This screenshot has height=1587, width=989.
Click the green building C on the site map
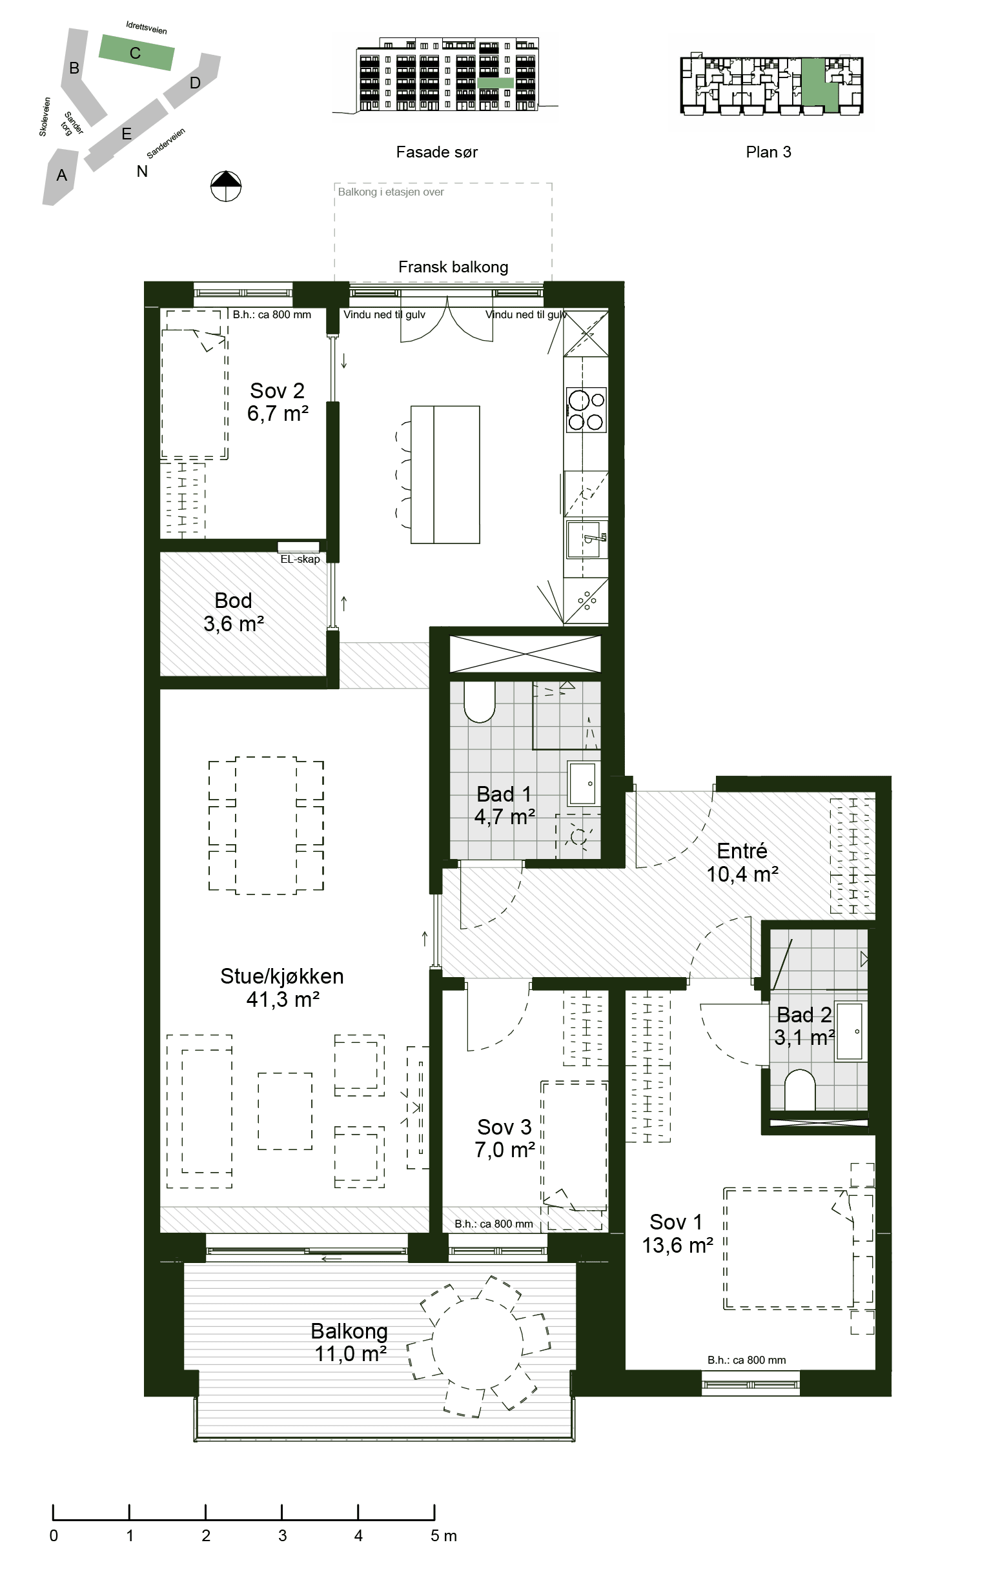point(136,53)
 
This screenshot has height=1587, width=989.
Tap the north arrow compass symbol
point(226,186)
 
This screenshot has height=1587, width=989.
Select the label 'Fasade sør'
point(437,152)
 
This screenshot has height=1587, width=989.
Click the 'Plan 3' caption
point(769,152)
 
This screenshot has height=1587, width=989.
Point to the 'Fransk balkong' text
point(453,267)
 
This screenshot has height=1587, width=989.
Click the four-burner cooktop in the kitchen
point(586,410)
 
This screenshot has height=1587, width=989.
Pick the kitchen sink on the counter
point(587,540)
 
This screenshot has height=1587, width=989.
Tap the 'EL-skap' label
point(300,559)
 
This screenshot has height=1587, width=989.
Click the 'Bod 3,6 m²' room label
point(234,612)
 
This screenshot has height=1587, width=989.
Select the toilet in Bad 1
point(480,702)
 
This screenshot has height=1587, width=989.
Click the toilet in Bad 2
point(799,1089)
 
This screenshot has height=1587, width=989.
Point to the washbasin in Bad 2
point(850,1031)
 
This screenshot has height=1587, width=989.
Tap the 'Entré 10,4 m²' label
point(742,862)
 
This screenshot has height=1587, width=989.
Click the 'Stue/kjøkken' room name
point(282,976)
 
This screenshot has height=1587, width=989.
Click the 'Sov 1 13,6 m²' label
point(677,1234)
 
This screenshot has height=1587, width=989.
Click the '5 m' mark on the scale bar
point(444,1536)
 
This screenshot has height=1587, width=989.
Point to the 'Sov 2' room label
point(278,391)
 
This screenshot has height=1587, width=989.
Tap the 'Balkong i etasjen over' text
point(391,192)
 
